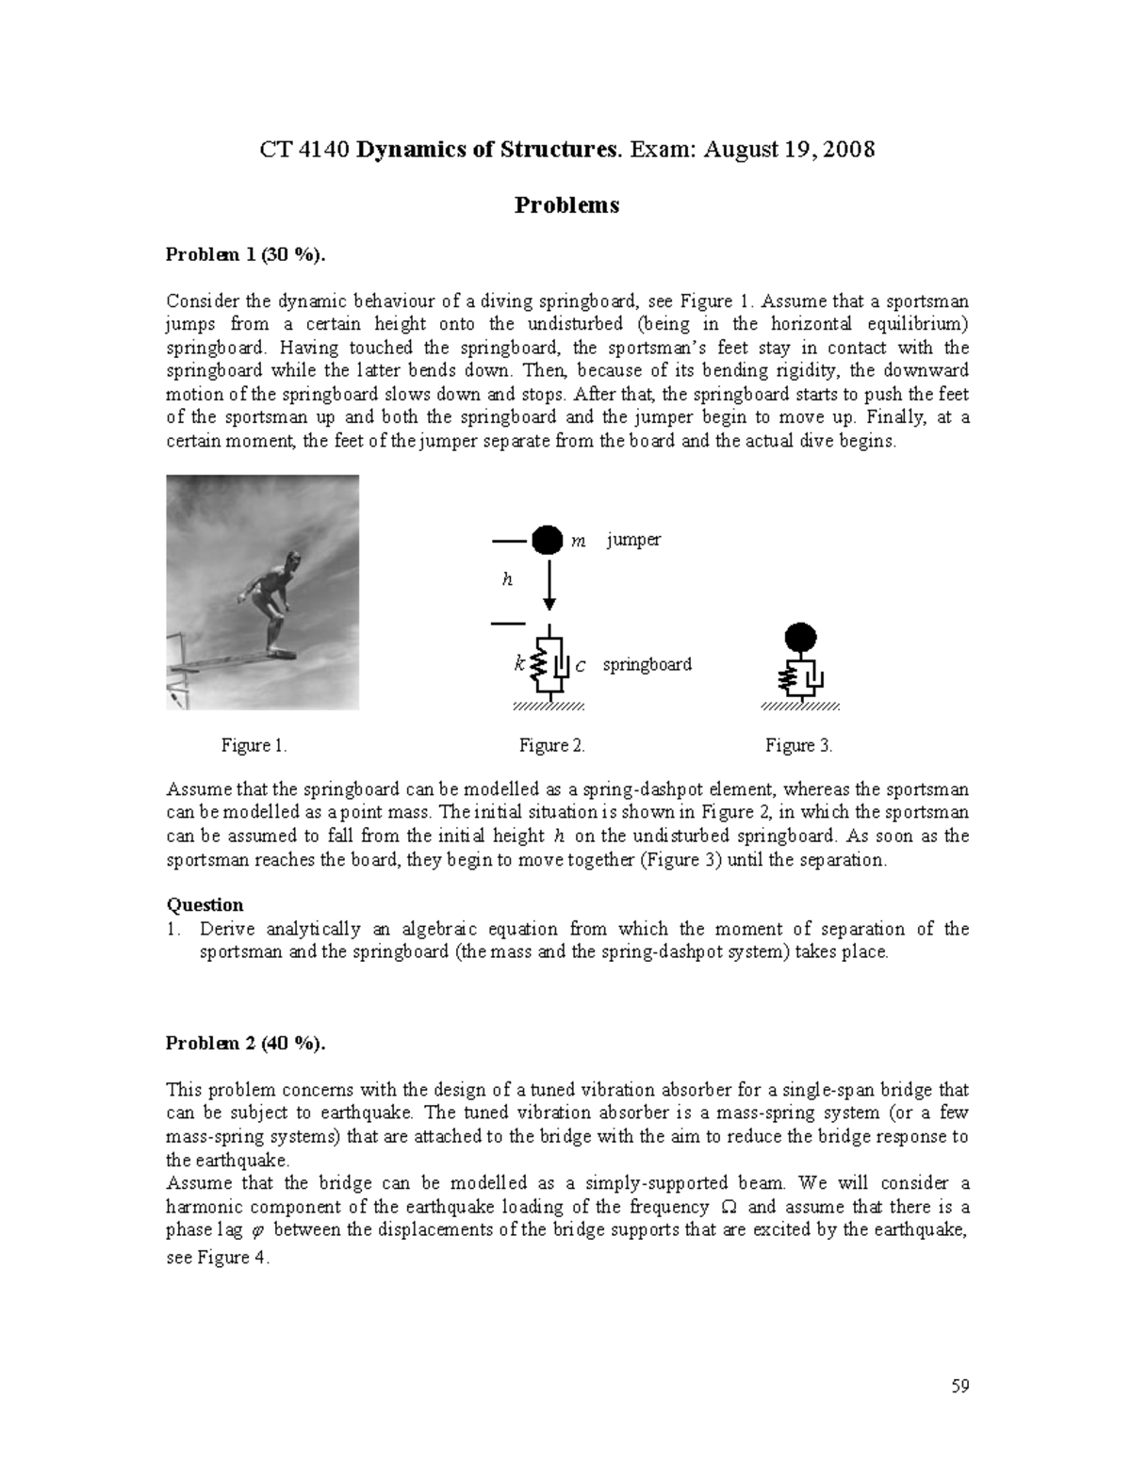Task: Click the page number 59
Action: point(960,1386)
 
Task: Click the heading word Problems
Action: point(566,205)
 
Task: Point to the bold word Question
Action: point(205,904)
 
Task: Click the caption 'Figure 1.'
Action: point(254,746)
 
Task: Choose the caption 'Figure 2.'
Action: point(552,746)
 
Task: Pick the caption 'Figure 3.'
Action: point(799,746)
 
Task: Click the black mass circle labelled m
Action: point(546,541)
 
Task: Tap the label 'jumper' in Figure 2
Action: point(633,540)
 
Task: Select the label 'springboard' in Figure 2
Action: point(647,664)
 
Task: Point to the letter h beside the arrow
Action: point(507,580)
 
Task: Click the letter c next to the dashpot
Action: point(580,666)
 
